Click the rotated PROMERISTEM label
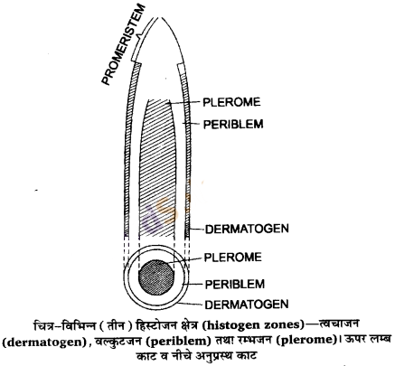tap(124, 45)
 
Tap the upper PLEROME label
tap(231, 102)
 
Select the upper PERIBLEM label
tap(233, 124)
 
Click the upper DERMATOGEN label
tap(247, 229)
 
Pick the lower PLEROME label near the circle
tap(232, 258)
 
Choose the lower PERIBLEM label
tap(235, 284)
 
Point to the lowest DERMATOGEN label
tap(247, 305)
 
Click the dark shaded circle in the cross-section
tap(156, 277)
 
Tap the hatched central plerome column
tap(158, 168)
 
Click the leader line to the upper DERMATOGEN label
tap(197, 230)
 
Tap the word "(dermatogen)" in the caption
tap(44, 343)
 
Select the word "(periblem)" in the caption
tap(180, 342)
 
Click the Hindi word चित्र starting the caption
tap(43, 325)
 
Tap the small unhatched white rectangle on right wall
tap(181, 68)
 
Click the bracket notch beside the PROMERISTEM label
tap(139, 37)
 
